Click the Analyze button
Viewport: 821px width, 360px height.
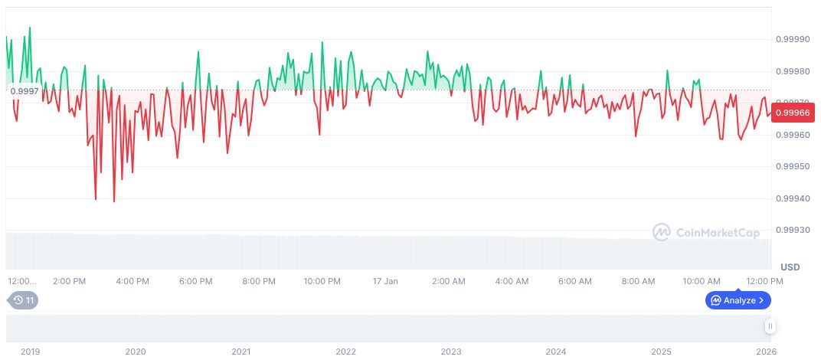point(738,300)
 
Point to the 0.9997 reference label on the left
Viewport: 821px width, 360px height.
point(24,92)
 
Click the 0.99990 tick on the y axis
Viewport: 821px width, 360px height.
point(793,39)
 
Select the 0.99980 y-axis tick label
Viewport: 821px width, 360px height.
point(793,71)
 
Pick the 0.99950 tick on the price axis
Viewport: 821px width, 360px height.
point(793,167)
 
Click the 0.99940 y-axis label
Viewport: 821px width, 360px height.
point(793,199)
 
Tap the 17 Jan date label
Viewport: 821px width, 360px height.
point(385,281)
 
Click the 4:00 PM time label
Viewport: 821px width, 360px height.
point(132,281)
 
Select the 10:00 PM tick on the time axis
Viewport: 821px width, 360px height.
point(322,281)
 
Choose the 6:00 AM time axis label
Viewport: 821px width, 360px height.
point(574,281)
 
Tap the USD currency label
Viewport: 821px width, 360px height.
point(790,267)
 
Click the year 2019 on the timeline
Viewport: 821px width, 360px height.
point(30,352)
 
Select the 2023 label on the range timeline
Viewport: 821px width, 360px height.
point(451,352)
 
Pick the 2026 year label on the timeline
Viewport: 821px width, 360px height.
point(767,352)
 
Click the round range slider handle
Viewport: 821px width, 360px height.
point(770,327)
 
